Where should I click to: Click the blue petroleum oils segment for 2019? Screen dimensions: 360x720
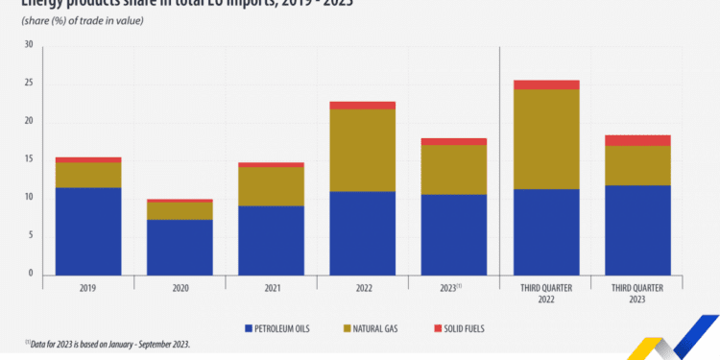coord(87,230)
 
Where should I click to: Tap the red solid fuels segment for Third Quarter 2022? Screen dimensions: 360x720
coord(545,84)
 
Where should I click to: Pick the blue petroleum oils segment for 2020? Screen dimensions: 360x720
coord(180,247)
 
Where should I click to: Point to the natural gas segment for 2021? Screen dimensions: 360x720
coord(271,186)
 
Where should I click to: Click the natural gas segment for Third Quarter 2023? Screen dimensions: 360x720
coord(636,165)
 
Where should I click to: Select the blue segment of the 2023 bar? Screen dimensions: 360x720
coord(453,234)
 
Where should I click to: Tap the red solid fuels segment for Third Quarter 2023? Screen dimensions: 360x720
coord(636,140)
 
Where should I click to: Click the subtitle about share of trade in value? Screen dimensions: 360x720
coord(82,21)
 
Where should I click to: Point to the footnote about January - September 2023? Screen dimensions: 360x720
coord(115,344)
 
